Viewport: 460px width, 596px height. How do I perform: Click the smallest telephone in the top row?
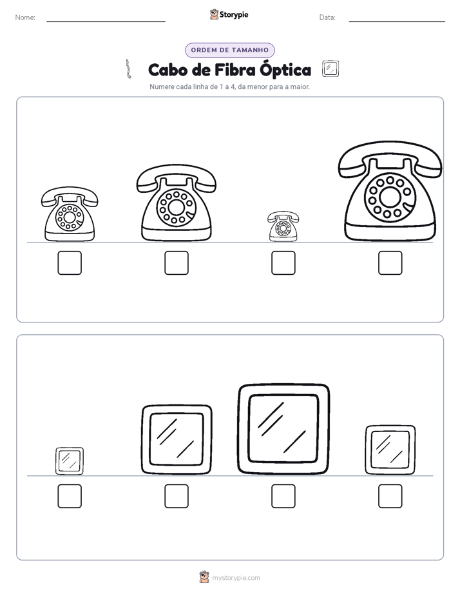click(283, 226)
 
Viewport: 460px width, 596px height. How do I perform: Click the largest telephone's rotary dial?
click(390, 197)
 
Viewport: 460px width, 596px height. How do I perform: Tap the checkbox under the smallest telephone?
click(283, 263)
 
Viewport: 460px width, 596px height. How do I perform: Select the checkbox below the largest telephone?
click(390, 263)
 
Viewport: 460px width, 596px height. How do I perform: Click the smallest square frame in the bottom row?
click(70, 461)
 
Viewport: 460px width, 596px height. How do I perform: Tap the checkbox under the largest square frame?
click(283, 496)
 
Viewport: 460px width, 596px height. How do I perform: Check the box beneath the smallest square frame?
click(70, 496)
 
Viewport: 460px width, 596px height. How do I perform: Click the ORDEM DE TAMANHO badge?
click(229, 50)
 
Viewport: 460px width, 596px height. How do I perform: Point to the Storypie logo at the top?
click(229, 15)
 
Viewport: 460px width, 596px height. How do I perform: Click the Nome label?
click(25, 17)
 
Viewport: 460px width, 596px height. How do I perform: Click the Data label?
click(327, 17)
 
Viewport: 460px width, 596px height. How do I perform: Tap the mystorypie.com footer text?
click(236, 578)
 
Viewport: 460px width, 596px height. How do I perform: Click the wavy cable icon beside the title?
click(129, 69)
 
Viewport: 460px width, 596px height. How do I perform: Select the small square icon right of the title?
click(331, 69)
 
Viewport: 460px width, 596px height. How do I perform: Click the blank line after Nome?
click(106, 22)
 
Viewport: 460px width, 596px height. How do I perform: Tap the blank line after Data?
click(397, 22)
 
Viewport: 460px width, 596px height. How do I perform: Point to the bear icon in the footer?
click(204, 577)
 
